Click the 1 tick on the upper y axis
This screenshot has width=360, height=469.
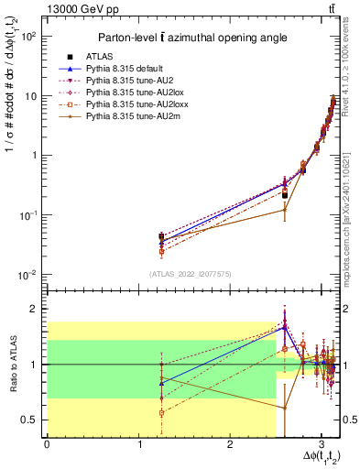34,155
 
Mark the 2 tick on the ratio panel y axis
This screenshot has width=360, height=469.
35,309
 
